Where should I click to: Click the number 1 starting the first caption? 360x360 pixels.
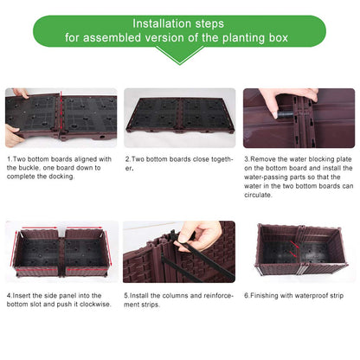coord(9,159)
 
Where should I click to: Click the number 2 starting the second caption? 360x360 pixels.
coord(127,159)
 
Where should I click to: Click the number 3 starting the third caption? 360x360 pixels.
coord(247,159)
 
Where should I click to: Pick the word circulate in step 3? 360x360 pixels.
coord(260,195)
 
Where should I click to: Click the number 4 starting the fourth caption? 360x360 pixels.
coord(9,294)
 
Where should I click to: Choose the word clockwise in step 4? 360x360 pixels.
coord(93,304)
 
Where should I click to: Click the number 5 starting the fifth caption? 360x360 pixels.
coord(127,294)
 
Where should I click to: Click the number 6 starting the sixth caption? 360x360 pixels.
coord(247,294)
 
